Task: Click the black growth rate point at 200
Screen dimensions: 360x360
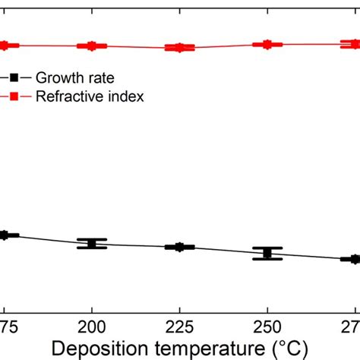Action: coord(92,244)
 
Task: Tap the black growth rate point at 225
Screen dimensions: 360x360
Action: coord(179,247)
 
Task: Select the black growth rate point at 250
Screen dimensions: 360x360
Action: coord(267,254)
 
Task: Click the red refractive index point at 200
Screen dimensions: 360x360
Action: coord(92,46)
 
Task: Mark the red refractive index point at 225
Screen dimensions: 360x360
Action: coord(179,48)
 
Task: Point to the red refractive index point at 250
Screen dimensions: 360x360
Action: coord(267,44)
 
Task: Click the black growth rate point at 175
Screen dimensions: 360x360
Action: coord(5,235)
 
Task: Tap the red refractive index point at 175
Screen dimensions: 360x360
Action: coord(5,46)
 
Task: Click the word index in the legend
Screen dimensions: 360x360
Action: coord(127,96)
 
